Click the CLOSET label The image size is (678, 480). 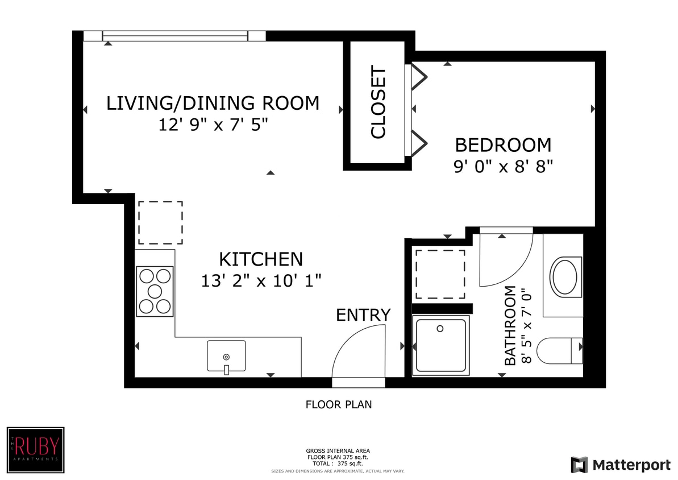tap(378, 102)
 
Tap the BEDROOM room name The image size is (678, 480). tap(504, 145)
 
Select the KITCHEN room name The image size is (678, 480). tap(261, 259)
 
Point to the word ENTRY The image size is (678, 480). tap(363, 315)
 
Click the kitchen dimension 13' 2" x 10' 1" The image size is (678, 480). tap(261, 281)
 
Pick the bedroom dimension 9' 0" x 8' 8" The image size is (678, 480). tap(504, 166)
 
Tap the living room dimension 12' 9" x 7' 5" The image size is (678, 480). tap(213, 125)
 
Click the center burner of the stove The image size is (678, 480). tap(155, 291)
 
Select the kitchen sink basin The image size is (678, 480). tap(226, 356)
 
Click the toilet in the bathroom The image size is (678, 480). tap(560, 350)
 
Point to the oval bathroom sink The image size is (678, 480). tap(565, 277)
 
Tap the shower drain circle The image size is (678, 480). tap(440, 329)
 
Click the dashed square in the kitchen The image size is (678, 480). tap(160, 222)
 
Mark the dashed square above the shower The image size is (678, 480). tap(440, 274)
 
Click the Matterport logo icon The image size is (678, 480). tap(580, 465)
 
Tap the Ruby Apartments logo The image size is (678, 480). tap(35, 450)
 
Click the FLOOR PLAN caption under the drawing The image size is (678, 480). tap(339, 405)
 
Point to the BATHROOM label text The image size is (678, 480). tap(510, 325)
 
